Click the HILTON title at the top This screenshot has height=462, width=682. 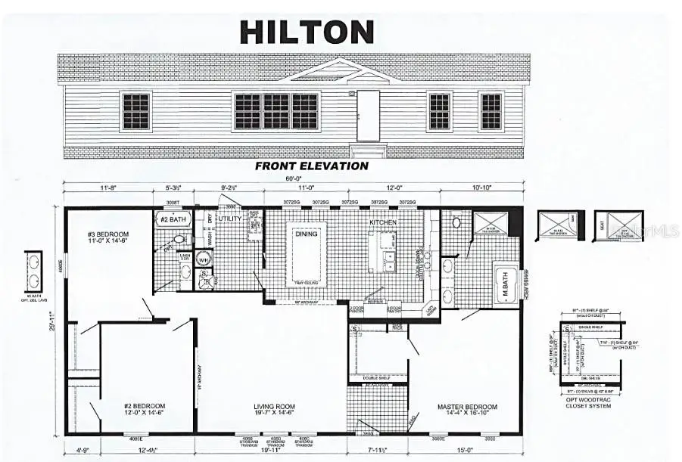(x=307, y=32)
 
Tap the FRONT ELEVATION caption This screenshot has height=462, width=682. (x=312, y=166)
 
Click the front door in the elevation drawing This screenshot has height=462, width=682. (x=368, y=115)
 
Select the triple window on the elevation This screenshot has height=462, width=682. (x=276, y=111)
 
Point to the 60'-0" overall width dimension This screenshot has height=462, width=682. (x=293, y=180)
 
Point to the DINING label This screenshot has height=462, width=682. (x=306, y=235)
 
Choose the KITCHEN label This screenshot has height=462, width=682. (x=383, y=223)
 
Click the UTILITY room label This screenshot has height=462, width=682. (x=230, y=219)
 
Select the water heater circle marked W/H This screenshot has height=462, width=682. (x=203, y=259)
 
